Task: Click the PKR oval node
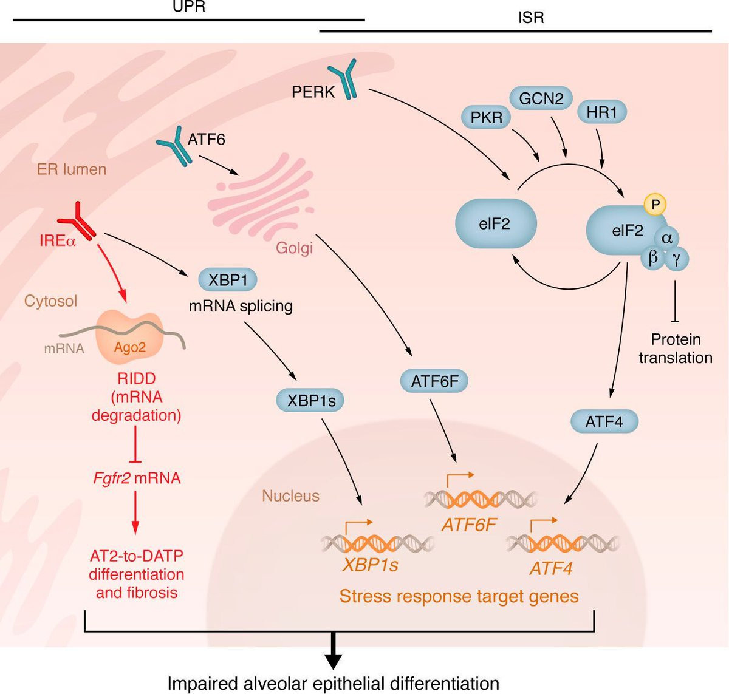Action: point(486,118)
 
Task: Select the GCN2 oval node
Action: point(541,98)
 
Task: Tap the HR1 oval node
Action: point(602,112)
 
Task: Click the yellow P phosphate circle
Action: point(655,204)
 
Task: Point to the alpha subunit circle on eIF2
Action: point(666,237)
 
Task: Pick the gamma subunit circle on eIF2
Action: point(676,259)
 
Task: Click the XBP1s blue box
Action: point(310,401)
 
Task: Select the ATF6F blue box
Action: point(434,381)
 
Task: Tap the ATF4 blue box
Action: point(604,422)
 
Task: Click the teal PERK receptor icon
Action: point(343,78)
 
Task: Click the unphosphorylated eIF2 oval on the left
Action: point(496,223)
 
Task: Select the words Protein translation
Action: point(675,349)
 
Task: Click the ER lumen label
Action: point(72,169)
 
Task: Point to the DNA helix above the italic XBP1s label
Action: point(377,543)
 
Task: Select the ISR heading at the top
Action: point(531,18)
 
